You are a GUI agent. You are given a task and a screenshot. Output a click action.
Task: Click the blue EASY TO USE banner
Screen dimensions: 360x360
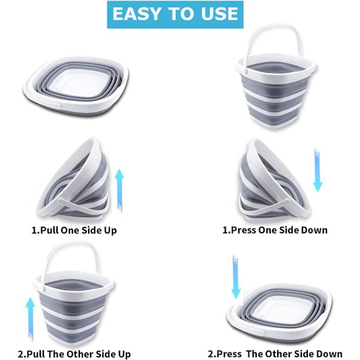[175, 14]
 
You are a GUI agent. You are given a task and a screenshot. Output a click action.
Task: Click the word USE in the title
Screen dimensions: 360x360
[219, 14]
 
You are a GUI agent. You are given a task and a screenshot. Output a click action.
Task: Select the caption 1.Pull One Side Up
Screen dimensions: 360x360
[74, 230]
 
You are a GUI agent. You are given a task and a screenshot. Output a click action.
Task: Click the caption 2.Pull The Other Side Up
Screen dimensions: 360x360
[74, 354]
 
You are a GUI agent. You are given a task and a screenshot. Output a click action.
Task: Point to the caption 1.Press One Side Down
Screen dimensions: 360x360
[275, 230]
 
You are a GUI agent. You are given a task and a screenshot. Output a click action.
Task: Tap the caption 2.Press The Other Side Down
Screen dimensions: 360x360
[275, 354]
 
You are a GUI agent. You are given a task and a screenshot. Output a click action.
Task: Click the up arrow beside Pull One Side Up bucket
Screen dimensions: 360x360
[119, 190]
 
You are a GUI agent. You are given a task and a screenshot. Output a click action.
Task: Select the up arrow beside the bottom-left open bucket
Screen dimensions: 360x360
[31, 319]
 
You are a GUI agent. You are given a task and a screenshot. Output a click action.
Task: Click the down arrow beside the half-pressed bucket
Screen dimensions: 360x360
[318, 170]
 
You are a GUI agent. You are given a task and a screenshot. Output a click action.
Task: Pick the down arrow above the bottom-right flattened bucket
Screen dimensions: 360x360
[236, 277]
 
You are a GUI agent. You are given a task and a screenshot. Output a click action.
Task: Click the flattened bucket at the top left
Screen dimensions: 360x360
[76, 86]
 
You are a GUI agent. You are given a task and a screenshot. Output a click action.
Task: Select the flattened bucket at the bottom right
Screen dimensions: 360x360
[279, 313]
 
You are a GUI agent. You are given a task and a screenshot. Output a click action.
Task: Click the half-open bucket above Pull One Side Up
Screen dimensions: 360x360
[73, 179]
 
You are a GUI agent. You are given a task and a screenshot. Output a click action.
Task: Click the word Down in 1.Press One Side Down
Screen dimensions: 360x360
[314, 230]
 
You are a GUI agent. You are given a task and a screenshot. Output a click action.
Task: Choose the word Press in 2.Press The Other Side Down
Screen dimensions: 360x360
[229, 354]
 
